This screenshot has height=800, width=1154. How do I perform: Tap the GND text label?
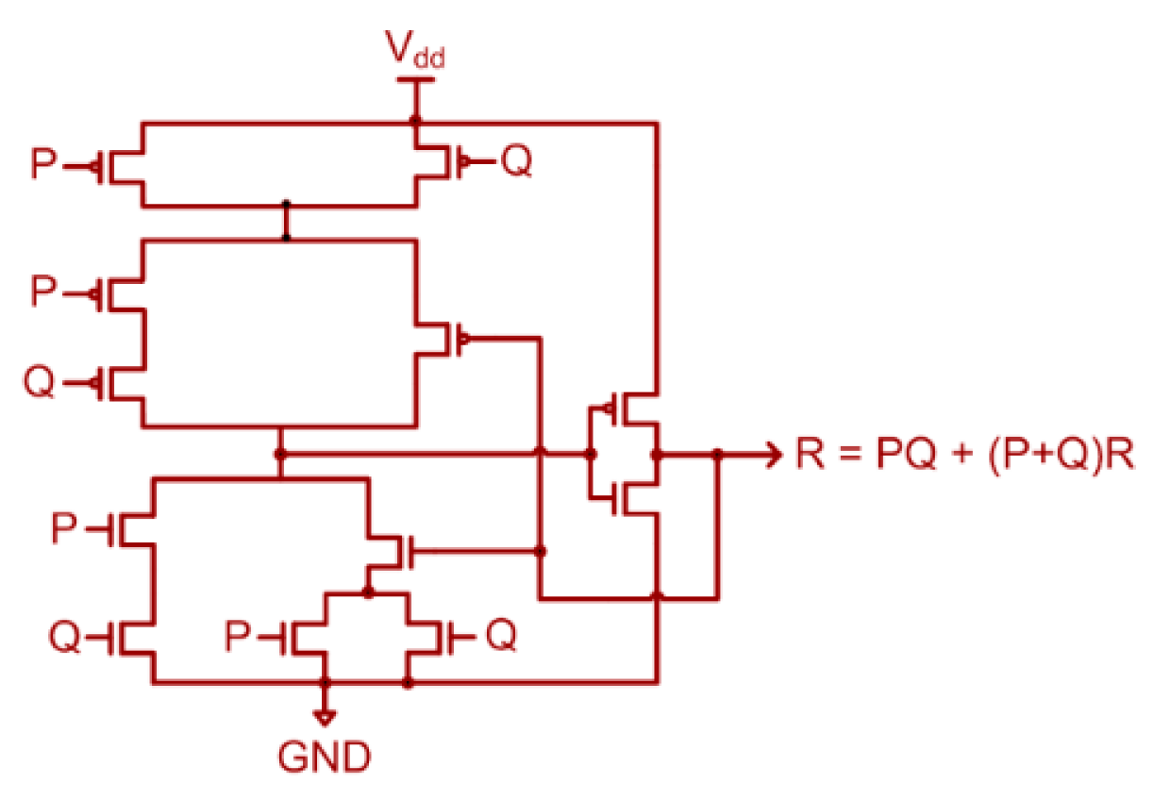324,757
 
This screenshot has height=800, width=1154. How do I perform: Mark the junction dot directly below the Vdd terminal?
414,122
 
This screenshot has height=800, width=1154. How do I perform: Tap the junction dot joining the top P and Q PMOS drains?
286,205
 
